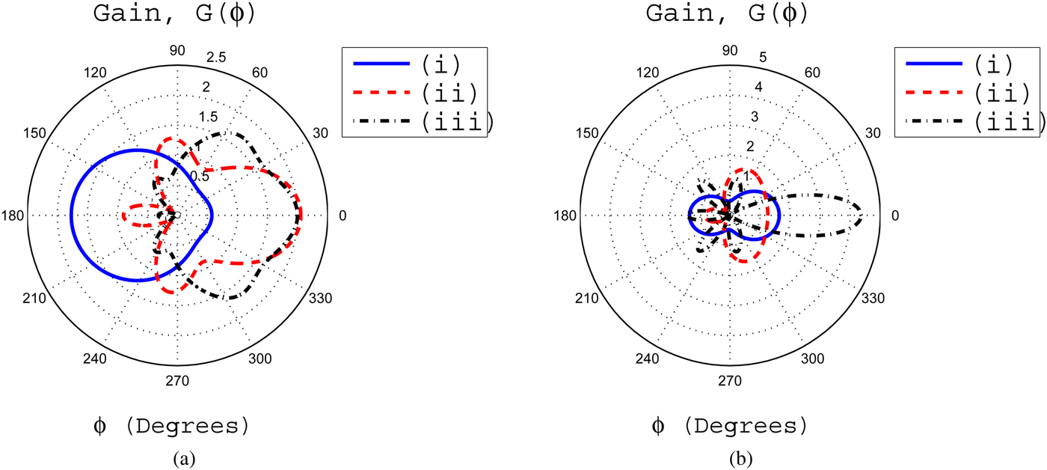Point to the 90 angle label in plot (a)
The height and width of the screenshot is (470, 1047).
pyautogui.click(x=177, y=51)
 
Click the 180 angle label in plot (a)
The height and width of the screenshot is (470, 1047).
pyautogui.click(x=14, y=216)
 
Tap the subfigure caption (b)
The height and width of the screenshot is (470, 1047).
pyautogui.click(x=734, y=457)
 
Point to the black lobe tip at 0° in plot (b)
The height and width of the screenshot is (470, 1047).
pyautogui.click(x=862, y=216)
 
